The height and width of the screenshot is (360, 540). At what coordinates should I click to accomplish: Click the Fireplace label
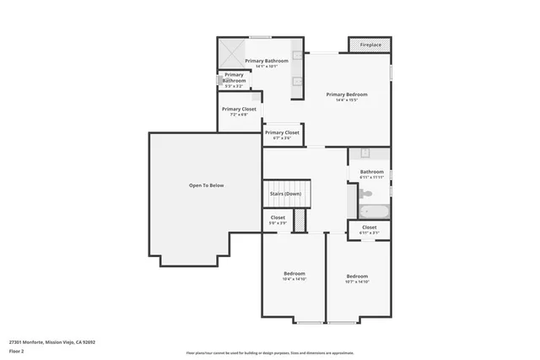coord(370,45)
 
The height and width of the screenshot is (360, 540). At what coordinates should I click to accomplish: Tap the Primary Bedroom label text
coord(348,94)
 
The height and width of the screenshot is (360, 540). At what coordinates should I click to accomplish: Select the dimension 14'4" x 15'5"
coord(348,100)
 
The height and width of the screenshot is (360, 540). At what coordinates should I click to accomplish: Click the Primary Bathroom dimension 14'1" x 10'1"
coord(267,67)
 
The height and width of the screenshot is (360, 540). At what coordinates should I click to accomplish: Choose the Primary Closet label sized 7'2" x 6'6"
coord(239,109)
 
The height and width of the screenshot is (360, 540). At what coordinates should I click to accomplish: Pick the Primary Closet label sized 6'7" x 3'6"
coord(282,132)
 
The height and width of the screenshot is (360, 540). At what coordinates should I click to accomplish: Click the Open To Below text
coord(206,185)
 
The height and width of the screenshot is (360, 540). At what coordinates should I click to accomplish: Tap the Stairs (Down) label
coord(285,194)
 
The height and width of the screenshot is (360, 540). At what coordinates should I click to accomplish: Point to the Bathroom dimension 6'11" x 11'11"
coord(371,178)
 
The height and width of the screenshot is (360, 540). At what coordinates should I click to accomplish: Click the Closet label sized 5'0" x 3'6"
coord(278,218)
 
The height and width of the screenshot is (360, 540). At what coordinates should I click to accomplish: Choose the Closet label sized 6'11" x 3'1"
coord(370,227)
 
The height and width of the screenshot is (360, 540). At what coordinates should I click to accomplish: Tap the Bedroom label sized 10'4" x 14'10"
coord(294,274)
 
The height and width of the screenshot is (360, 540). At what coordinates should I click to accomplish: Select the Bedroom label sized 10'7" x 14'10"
coord(357,277)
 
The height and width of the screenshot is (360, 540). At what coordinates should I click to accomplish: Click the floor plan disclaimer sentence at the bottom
coord(269,352)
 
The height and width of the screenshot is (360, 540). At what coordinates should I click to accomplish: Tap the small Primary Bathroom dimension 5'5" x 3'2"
coord(234,86)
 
